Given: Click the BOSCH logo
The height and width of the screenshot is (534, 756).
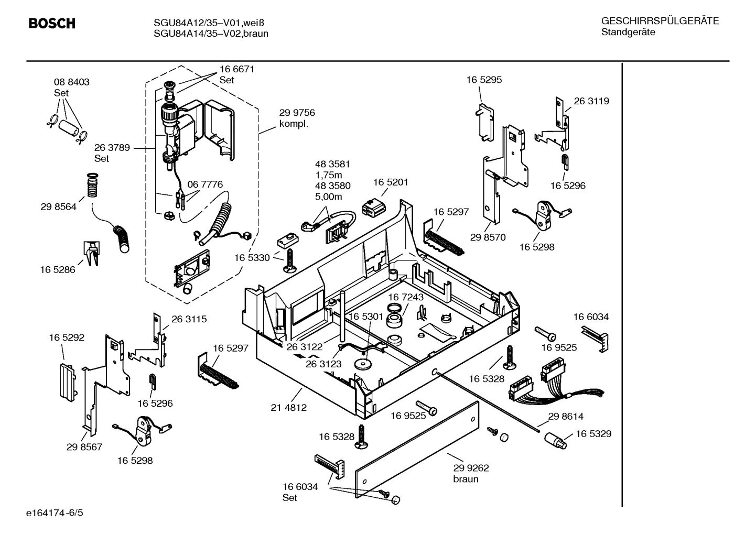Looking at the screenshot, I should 51,24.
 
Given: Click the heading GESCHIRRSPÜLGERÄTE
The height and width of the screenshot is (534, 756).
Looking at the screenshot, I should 660,21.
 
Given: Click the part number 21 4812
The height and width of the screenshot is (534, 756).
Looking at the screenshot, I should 289,407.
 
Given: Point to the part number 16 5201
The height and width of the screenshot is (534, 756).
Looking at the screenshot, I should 390,182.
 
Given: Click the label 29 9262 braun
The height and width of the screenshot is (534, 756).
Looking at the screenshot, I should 471,473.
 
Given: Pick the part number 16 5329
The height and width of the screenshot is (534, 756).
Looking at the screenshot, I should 593,434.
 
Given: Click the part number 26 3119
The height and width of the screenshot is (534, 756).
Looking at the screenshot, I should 591,101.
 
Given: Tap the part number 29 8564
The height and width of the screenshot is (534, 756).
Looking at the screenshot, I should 58,206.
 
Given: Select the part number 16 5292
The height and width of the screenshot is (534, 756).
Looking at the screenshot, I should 67,337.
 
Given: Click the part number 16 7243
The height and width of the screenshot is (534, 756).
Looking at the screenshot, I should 406,297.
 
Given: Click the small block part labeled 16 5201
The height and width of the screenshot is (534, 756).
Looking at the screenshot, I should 373,208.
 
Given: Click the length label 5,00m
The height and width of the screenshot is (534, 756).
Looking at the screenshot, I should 328,197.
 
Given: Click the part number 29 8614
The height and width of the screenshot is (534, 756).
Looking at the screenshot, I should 566,417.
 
